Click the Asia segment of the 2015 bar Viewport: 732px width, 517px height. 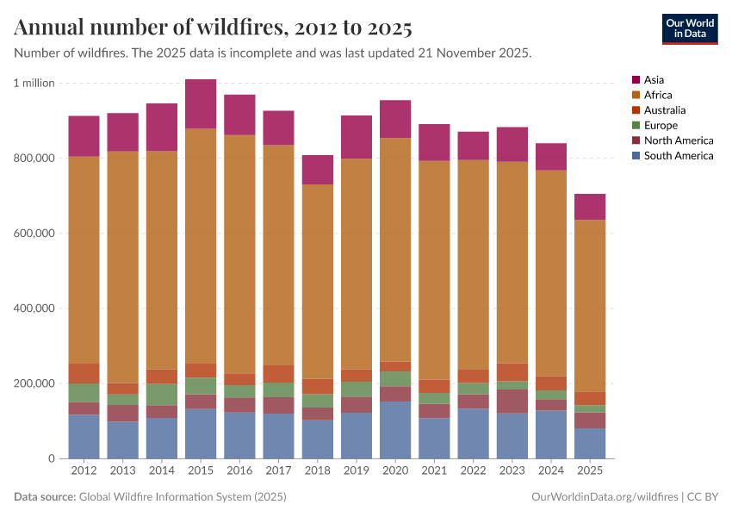click(x=201, y=103)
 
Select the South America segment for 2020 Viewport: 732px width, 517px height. click(x=395, y=429)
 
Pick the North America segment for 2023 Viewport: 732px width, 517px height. click(x=512, y=401)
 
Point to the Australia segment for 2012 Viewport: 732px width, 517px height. click(x=84, y=373)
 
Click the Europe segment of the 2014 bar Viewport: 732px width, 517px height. click(x=162, y=394)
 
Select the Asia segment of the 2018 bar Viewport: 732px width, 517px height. click(x=318, y=169)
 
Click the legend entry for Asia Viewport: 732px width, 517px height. click(x=654, y=80)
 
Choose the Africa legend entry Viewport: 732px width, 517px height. click(x=657, y=95)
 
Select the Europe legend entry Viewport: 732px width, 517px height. click(x=661, y=125)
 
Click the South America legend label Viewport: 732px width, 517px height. click(x=679, y=156)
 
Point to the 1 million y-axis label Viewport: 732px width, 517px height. click(x=34, y=83)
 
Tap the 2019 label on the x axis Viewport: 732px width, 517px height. click(x=357, y=470)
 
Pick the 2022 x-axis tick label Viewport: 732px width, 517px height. click(x=474, y=470)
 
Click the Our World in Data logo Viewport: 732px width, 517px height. click(x=690, y=28)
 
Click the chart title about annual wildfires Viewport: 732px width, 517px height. click(x=213, y=28)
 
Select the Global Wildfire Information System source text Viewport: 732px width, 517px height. click(x=182, y=497)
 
